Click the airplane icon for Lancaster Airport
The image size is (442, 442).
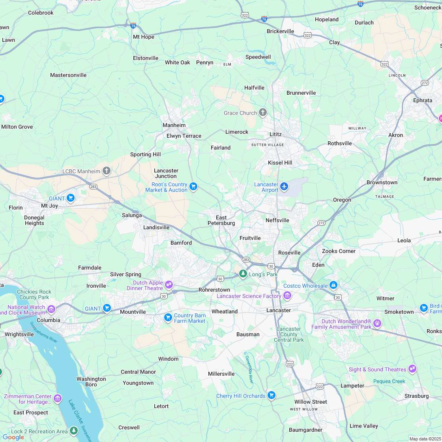(x=284, y=186)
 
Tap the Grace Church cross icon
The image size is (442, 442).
(x=263, y=113)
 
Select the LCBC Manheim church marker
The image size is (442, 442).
(x=106, y=171)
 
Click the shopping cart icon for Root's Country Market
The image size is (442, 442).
(x=193, y=186)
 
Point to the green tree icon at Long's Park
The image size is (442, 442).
(x=243, y=273)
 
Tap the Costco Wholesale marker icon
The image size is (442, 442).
(x=333, y=285)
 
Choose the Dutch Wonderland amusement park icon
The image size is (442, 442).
(x=377, y=323)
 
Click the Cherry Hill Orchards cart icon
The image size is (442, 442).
(x=271, y=395)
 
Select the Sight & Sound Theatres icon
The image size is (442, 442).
(x=412, y=369)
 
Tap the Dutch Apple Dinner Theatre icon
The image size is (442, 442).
(x=169, y=284)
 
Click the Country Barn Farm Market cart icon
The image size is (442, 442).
(x=168, y=317)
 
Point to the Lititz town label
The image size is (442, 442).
(x=275, y=134)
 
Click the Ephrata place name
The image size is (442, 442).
(x=423, y=100)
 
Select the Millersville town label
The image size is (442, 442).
(x=221, y=374)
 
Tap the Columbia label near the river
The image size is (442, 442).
(x=49, y=320)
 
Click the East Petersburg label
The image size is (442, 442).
(x=221, y=220)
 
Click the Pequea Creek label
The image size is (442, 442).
(x=389, y=381)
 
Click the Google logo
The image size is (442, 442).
(x=13, y=437)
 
